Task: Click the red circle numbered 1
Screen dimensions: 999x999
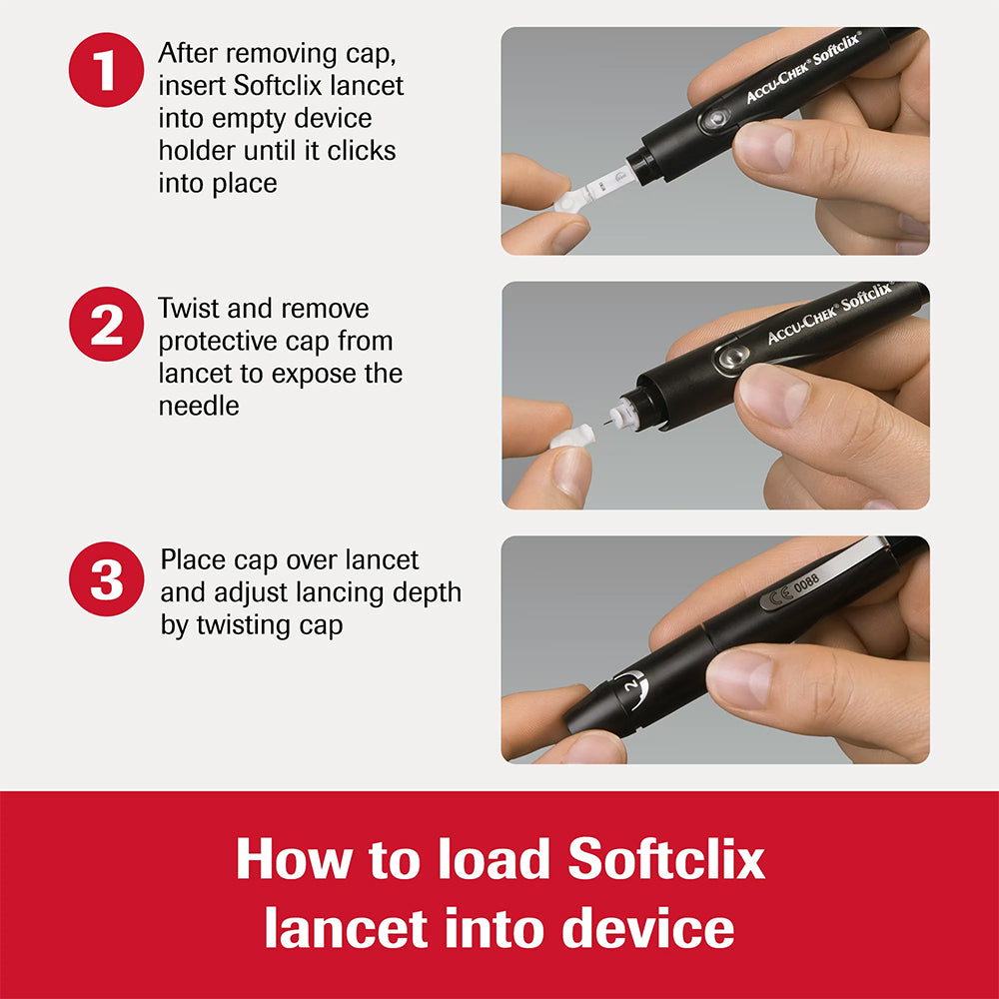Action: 107,71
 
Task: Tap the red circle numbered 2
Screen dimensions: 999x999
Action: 107,325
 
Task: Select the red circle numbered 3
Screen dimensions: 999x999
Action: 107,579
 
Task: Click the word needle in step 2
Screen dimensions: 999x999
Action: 199,406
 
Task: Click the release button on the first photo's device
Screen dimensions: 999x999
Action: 712,122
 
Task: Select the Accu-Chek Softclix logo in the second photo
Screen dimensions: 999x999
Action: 828,313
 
